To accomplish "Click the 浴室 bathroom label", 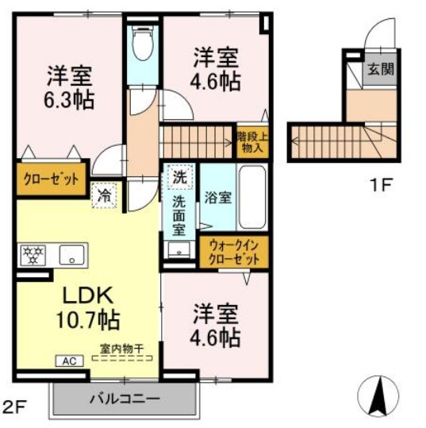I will (218, 197).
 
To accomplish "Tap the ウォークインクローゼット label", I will (234, 253).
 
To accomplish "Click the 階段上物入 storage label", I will (252, 141).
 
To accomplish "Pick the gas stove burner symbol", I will (34, 255).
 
